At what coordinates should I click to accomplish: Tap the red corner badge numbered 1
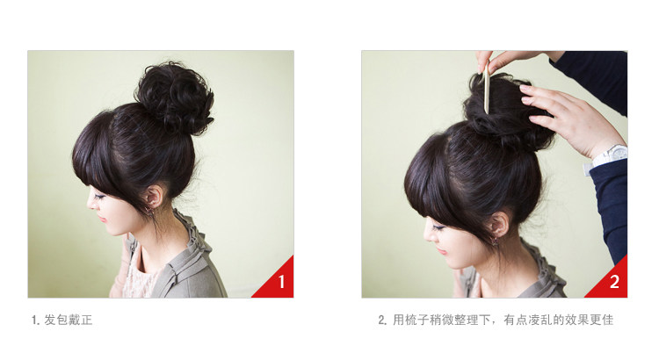tap(280, 282)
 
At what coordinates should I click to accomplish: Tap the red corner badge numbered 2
tap(613, 282)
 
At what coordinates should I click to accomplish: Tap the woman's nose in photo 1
tap(90, 205)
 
